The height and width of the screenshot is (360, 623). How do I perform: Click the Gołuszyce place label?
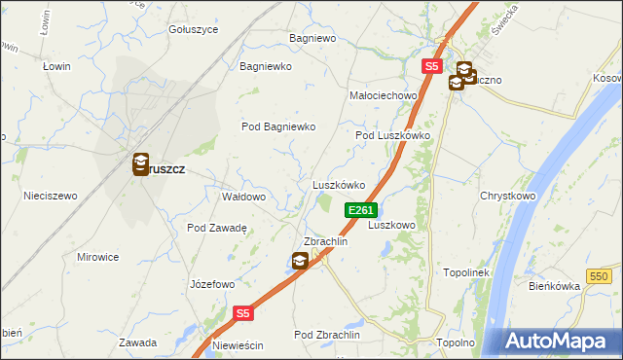[x=194, y=29]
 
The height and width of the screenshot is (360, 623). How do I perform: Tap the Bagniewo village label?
[x=312, y=39]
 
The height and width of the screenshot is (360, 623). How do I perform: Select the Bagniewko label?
[x=267, y=67]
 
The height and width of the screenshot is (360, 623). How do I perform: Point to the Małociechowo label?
[x=384, y=96]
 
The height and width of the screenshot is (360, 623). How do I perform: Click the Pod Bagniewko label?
[x=279, y=126]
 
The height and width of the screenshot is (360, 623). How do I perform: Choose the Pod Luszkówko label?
[x=392, y=136]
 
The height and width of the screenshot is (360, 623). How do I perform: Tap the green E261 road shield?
[x=360, y=210]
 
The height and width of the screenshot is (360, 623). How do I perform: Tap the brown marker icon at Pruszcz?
[x=141, y=164]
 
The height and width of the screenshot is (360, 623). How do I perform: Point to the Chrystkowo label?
[x=508, y=196]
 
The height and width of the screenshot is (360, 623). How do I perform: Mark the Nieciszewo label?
[x=51, y=196]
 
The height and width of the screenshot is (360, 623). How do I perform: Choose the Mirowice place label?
[x=97, y=257]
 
